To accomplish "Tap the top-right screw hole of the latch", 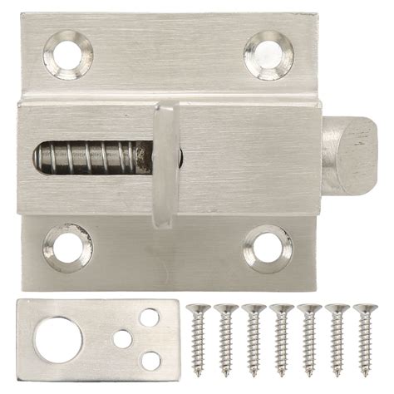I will [268, 55].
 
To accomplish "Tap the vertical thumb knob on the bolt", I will [164, 164].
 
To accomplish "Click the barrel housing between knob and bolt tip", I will [249, 158].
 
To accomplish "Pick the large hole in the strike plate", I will [58, 339].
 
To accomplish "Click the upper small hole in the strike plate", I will [150, 318].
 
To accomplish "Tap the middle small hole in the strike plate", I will [123, 339].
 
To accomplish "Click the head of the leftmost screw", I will [197, 310].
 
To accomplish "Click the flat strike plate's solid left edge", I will [23, 339].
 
